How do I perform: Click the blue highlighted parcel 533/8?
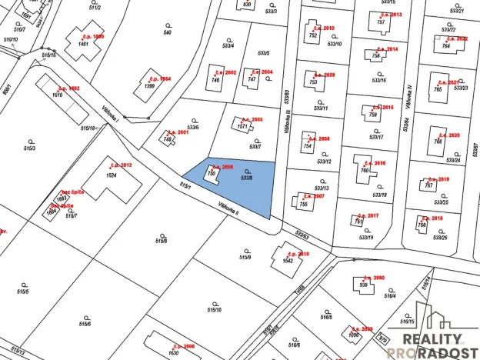tap(238, 185)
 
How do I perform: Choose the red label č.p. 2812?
tap(122, 165)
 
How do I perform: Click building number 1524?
tap(112, 175)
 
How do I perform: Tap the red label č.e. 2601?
tap(178, 132)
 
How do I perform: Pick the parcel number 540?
tap(167, 32)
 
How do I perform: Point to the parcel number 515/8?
tap(162, 241)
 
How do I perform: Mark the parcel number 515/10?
tap(214, 309)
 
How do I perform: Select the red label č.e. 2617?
tap(368, 216)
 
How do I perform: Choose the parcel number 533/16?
tap(378, 80)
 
